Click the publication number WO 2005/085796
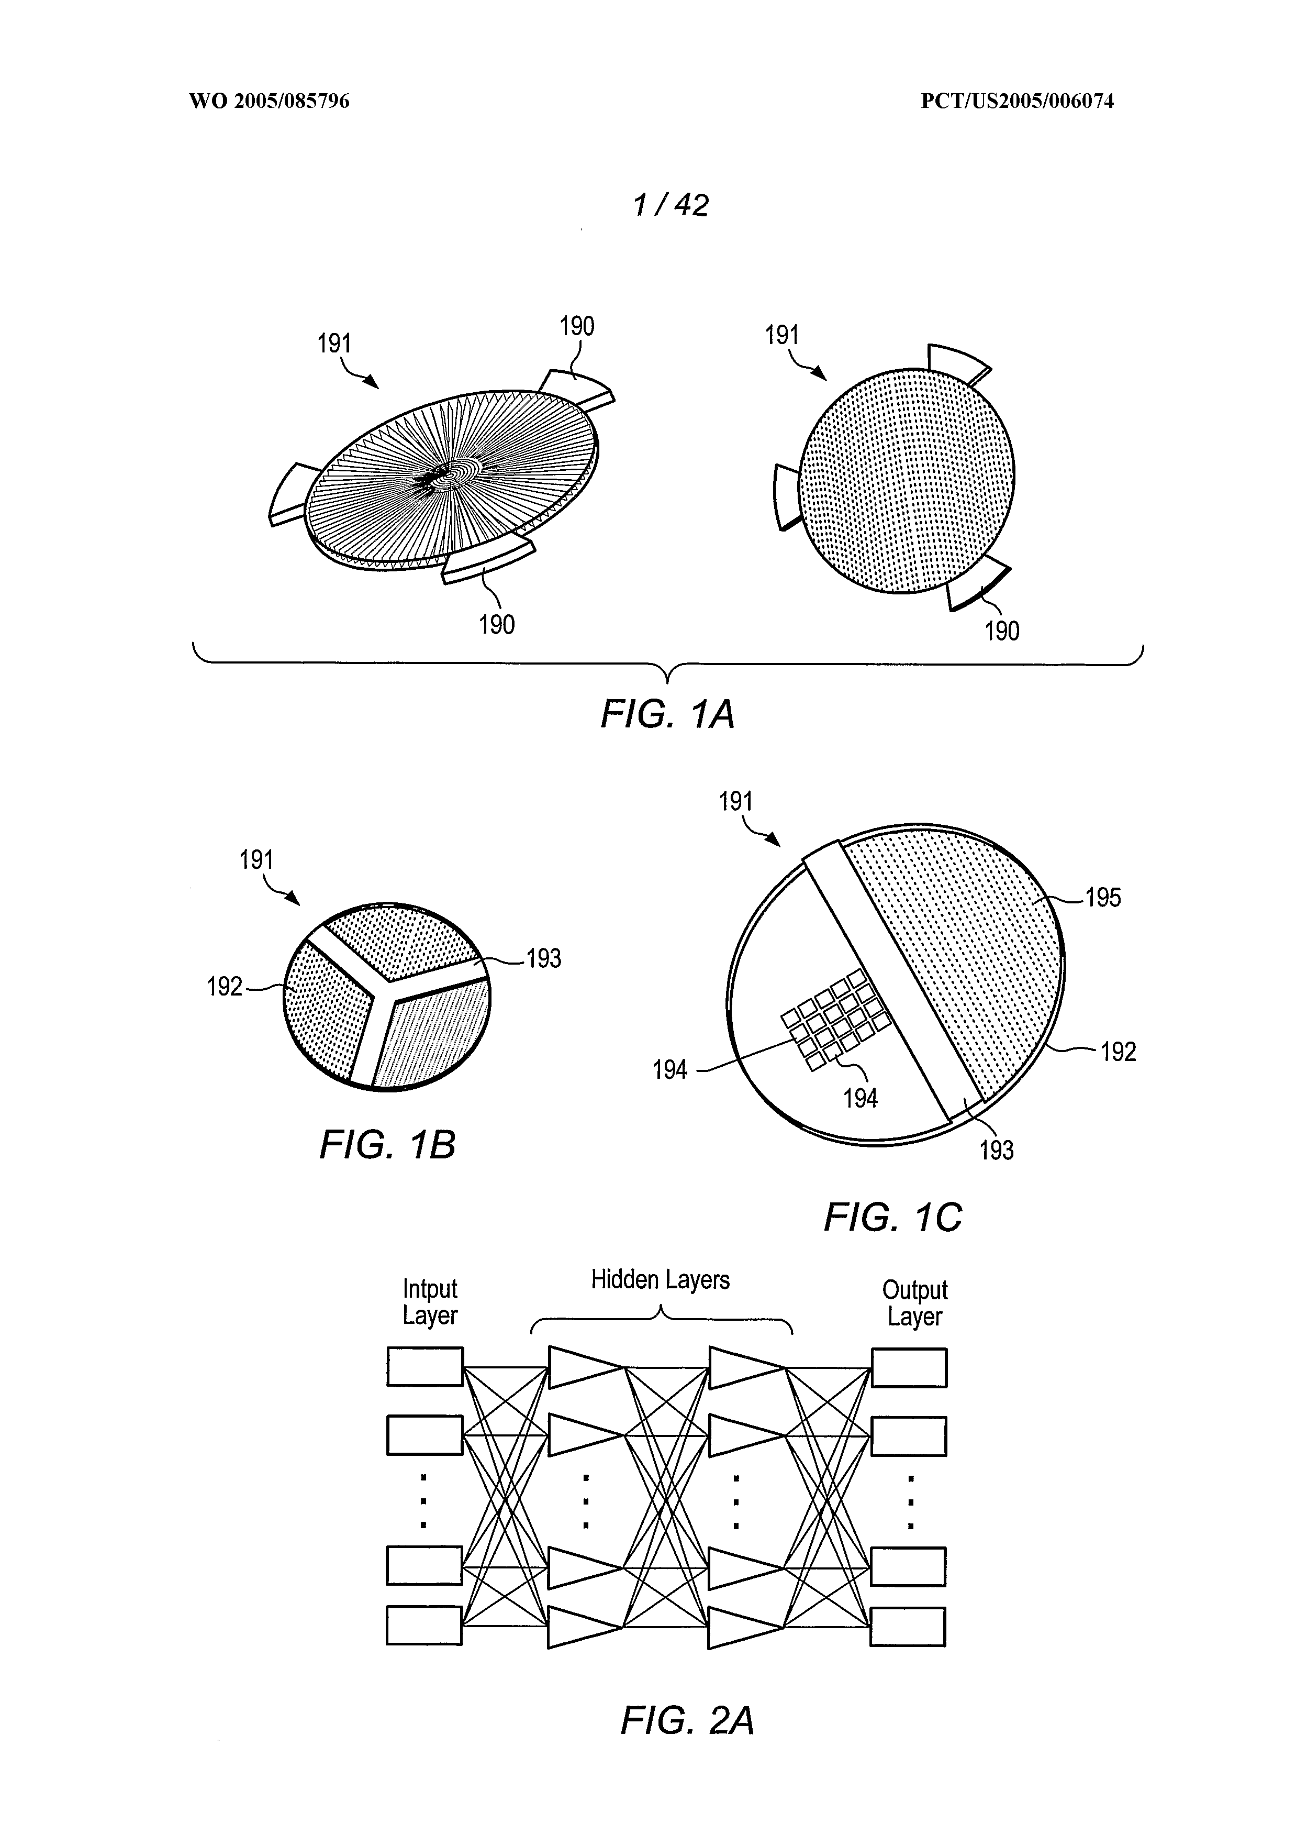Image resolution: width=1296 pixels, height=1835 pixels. (x=269, y=102)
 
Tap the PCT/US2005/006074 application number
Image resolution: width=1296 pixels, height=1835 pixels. (x=1017, y=102)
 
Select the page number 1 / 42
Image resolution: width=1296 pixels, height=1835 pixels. (x=671, y=205)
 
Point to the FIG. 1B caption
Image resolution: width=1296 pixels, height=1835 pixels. (x=387, y=1144)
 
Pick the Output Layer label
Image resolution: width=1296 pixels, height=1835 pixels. (x=915, y=1303)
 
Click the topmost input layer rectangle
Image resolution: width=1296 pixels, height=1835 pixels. (x=425, y=1367)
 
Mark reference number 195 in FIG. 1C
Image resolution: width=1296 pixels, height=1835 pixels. (x=1103, y=898)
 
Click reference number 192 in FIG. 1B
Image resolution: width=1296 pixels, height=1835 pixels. (x=225, y=987)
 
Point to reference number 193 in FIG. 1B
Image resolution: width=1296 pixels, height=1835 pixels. (x=543, y=958)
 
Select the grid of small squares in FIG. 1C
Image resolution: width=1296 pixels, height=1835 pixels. (x=834, y=1020)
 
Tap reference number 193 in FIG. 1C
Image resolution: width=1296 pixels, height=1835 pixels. (x=997, y=1150)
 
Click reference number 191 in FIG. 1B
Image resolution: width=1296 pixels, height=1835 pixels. (x=256, y=860)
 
